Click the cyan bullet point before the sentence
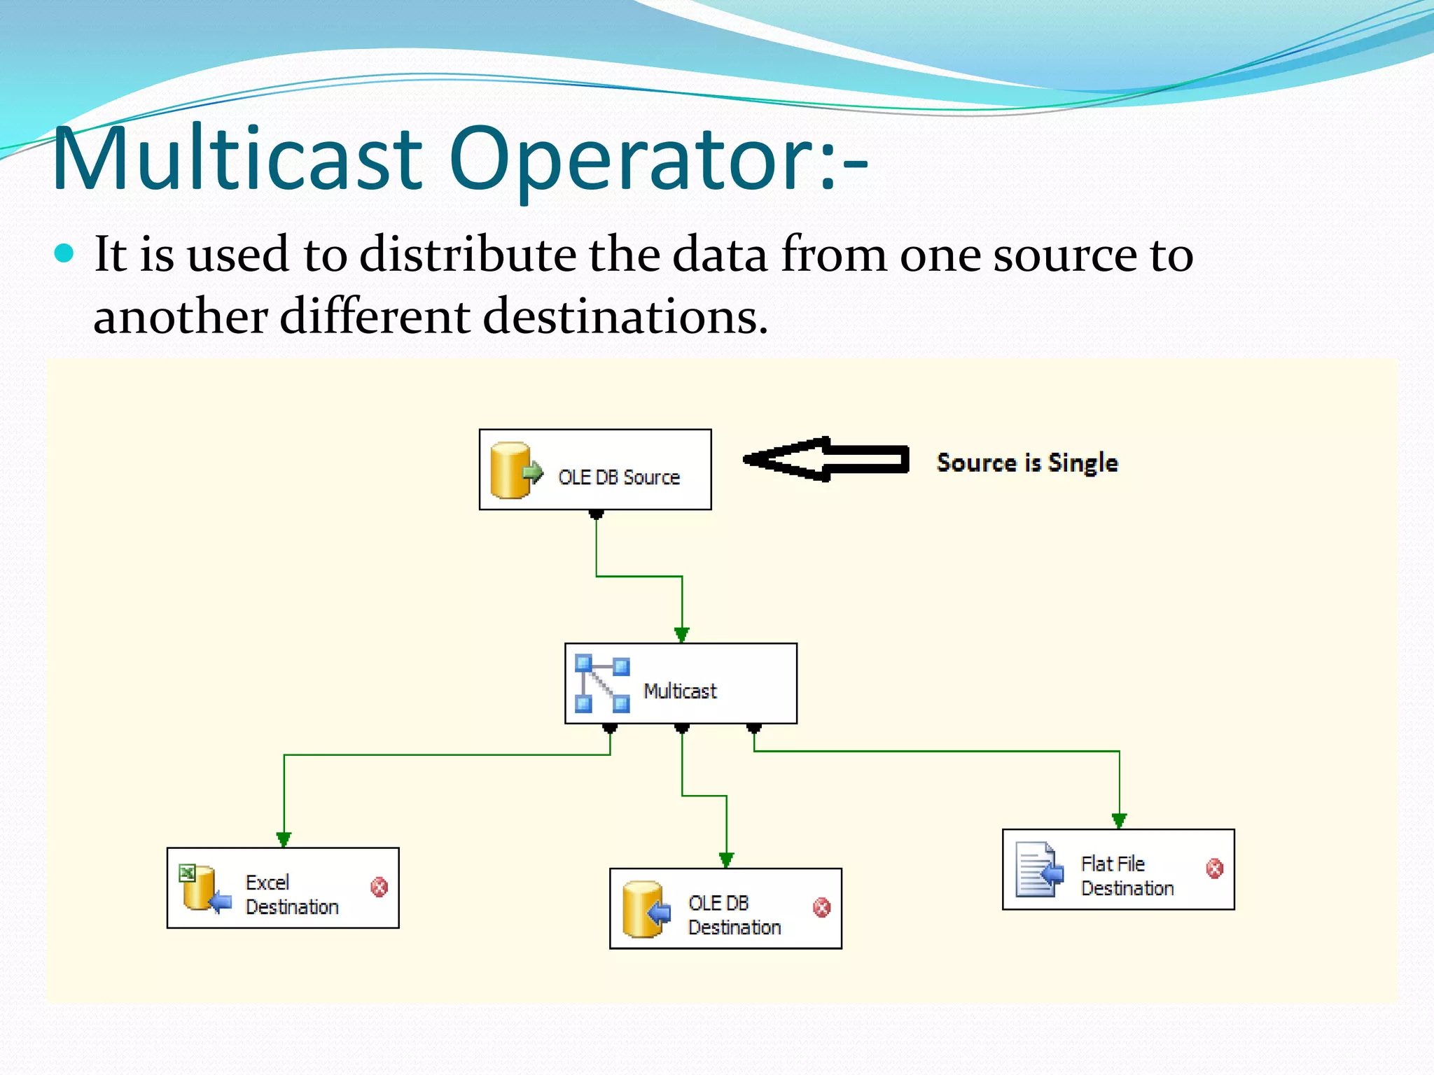pos(64,253)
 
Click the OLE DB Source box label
pos(619,477)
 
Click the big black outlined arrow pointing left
pos(826,460)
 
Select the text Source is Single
pos(1027,463)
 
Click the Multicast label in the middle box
pos(680,691)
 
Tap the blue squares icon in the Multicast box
pos(601,684)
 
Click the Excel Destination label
pos(291,894)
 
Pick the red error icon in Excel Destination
pos(379,887)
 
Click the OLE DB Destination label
pos(734,915)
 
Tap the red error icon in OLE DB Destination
pos(821,908)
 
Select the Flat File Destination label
pos(1127,876)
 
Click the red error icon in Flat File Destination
pos(1215,869)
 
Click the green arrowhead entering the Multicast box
pos(681,635)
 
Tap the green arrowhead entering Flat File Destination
pos(1119,820)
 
